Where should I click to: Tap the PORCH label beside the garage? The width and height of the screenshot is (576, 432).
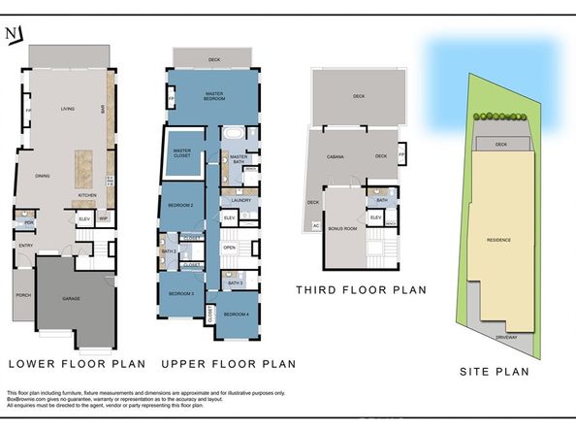click(21, 311)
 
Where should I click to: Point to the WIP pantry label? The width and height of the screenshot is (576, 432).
click(103, 218)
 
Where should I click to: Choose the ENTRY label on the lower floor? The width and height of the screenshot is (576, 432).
click(26, 245)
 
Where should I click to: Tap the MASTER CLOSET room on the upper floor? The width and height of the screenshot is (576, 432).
click(181, 152)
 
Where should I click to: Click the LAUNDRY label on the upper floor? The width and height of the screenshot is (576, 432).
click(241, 200)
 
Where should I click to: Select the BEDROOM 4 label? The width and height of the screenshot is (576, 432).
click(237, 315)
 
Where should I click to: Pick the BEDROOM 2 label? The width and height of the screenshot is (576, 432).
click(181, 206)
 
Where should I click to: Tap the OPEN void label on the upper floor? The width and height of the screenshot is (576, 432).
click(230, 247)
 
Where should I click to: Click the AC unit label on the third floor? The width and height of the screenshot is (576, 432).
click(316, 225)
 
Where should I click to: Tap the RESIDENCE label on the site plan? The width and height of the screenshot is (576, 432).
click(498, 239)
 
